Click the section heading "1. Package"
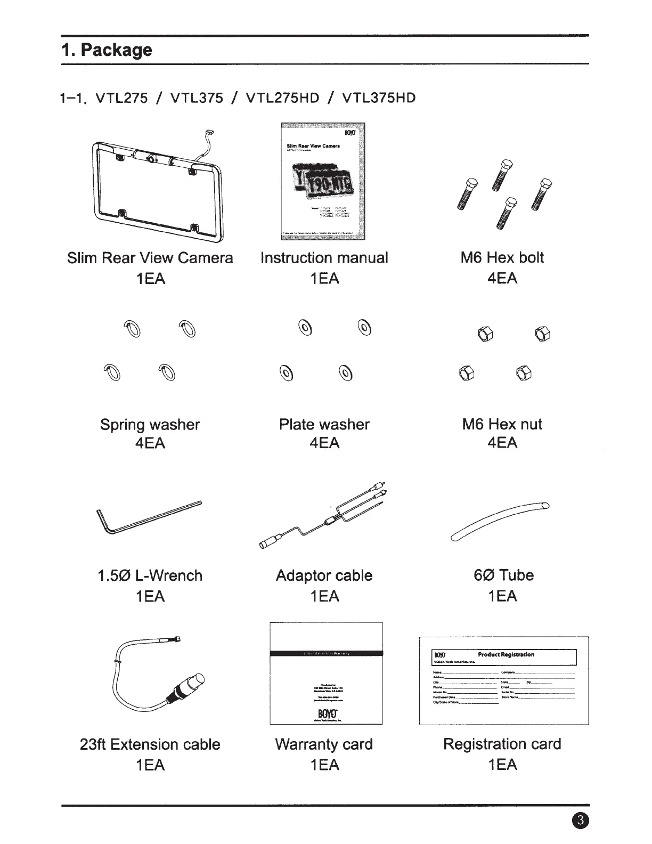[107, 50]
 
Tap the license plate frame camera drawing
[158, 186]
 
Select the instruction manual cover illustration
[323, 182]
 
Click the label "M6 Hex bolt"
[502, 257]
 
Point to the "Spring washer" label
[150, 425]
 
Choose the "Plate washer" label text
[324, 425]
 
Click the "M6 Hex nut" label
[502, 425]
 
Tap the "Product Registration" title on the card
[506, 654]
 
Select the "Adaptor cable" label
[324, 575]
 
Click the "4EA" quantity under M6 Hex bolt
[502, 278]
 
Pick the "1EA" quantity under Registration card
[502, 765]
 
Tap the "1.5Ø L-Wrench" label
[150, 575]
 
